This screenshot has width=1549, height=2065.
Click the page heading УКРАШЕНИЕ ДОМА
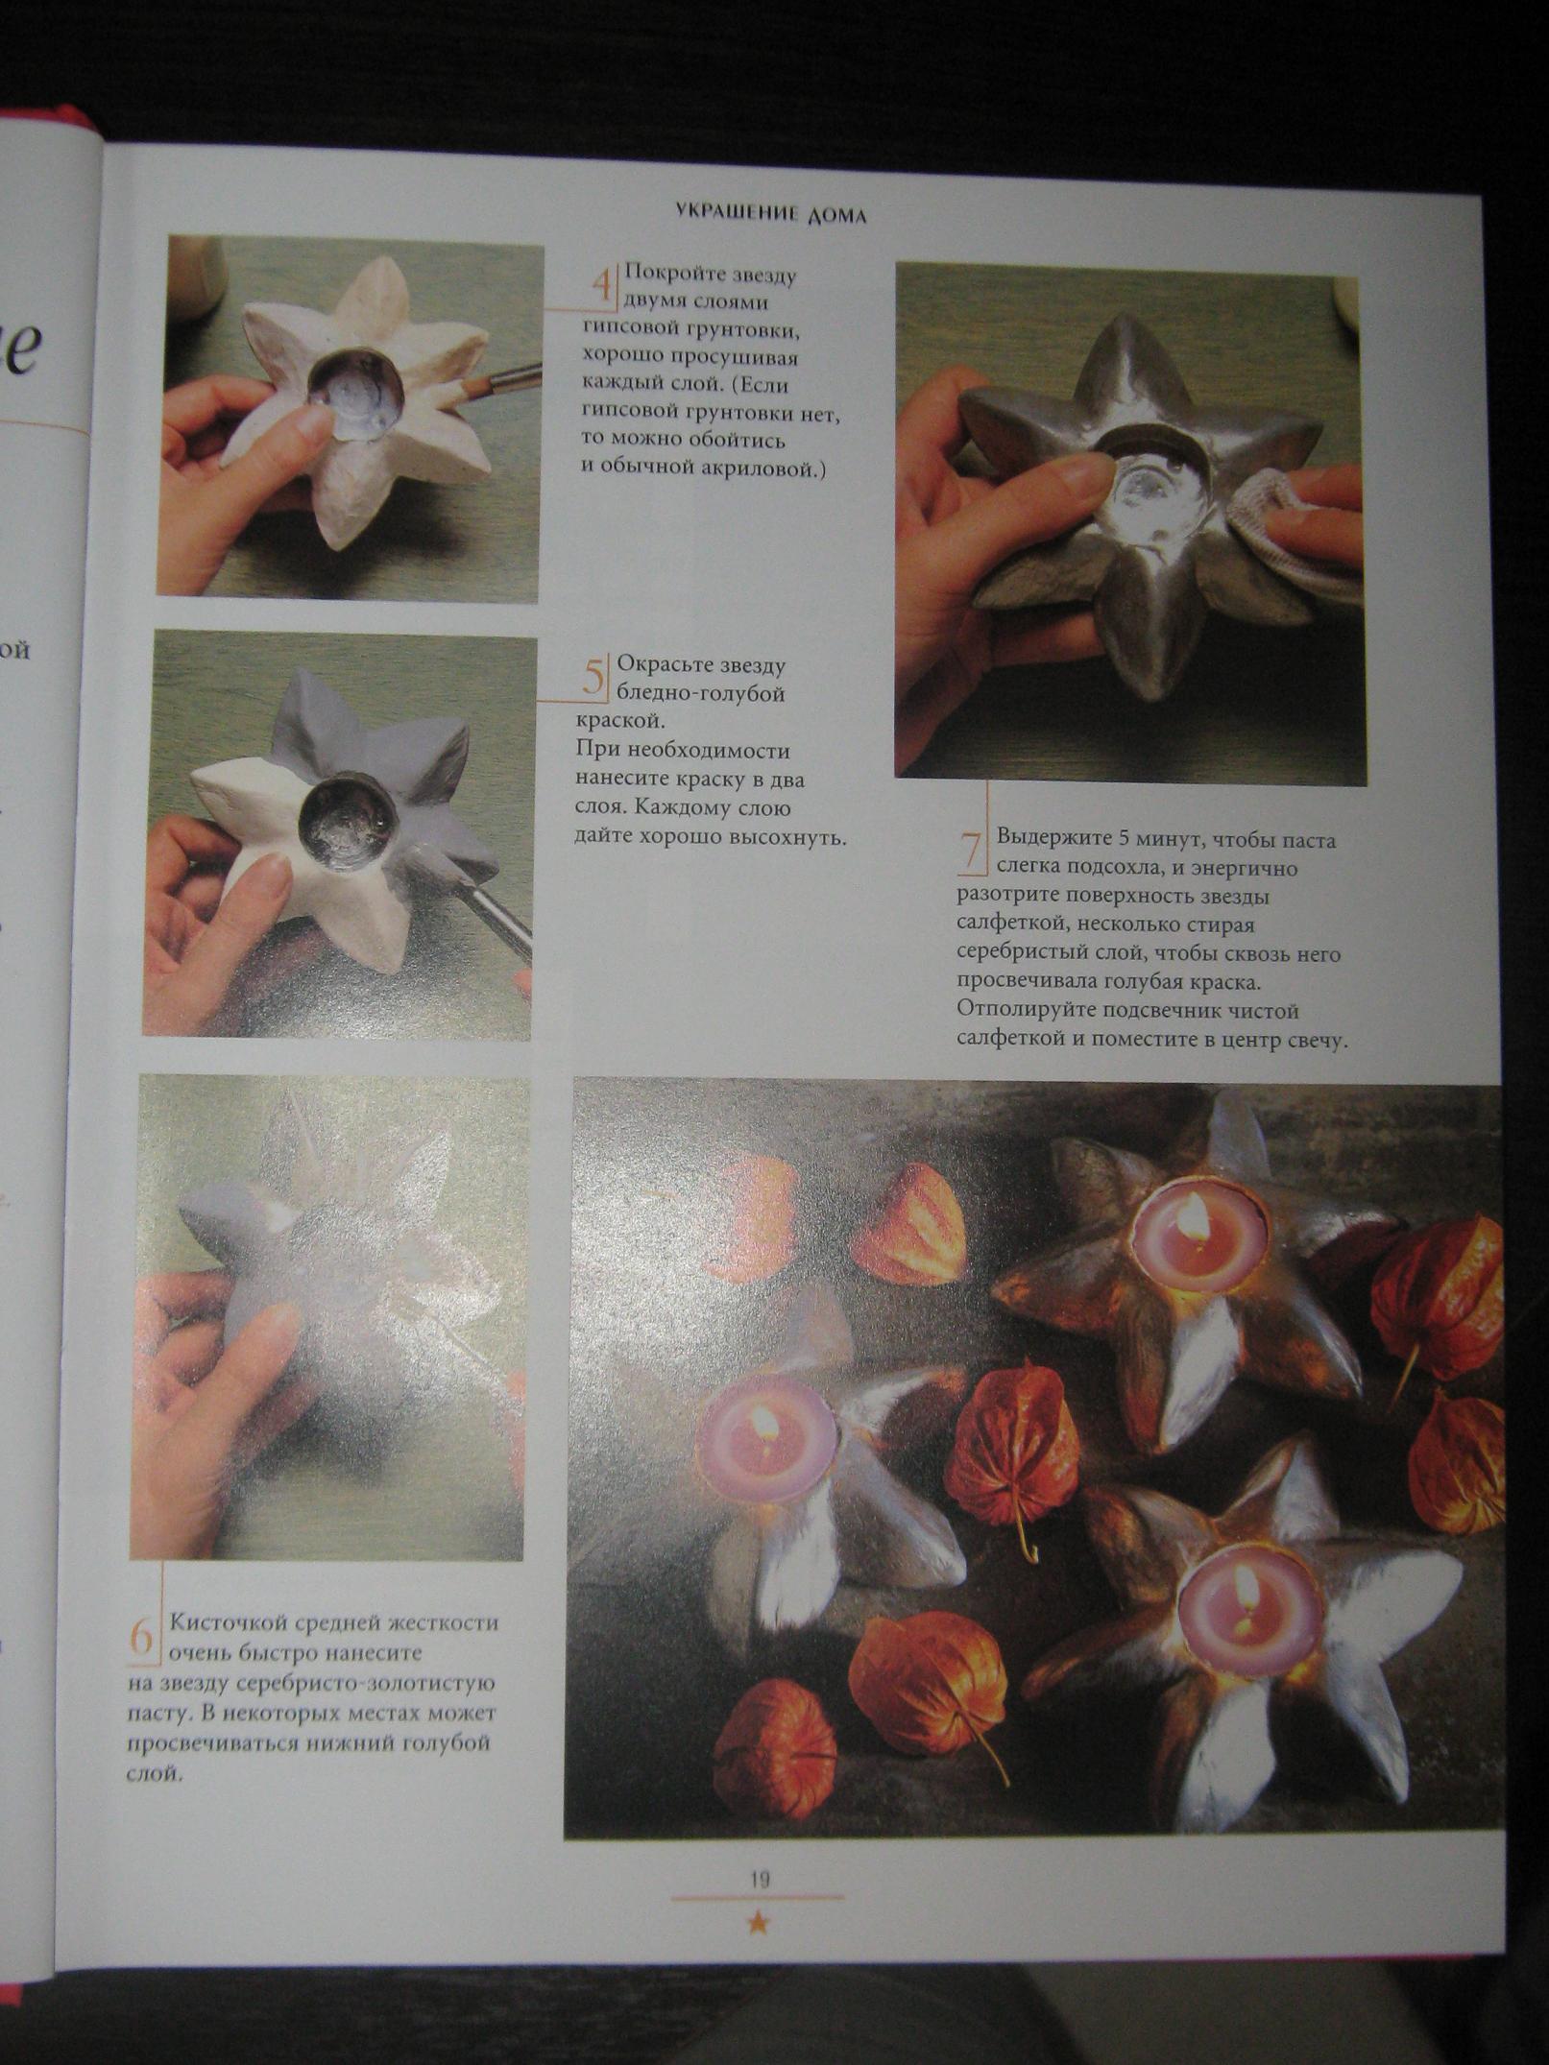[770, 213]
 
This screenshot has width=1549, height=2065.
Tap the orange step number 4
[602, 285]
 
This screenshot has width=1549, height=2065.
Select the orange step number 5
[594, 677]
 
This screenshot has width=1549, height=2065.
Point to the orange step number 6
[142, 1636]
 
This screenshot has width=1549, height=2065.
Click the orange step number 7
[972, 851]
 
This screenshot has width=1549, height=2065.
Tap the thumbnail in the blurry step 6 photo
[272, 1321]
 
